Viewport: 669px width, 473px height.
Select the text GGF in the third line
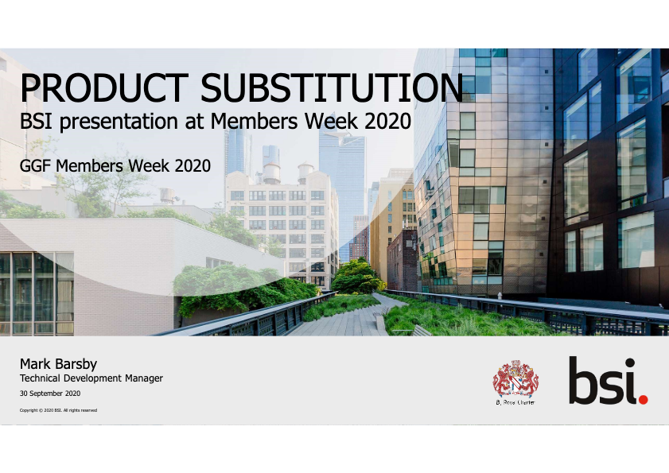(35, 165)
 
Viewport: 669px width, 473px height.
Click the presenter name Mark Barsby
(58, 364)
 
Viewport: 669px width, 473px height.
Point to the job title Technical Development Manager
(91, 378)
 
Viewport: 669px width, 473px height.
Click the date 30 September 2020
(49, 394)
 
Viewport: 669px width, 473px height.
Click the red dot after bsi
(643, 397)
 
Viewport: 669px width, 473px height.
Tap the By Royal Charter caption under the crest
(515, 402)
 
